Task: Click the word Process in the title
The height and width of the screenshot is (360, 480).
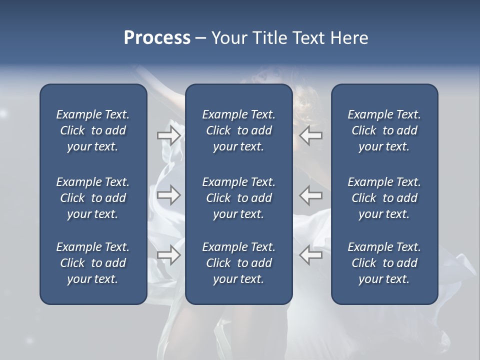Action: (x=157, y=38)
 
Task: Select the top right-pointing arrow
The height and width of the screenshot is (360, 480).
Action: (x=168, y=135)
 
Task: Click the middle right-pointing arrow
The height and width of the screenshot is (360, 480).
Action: (x=168, y=195)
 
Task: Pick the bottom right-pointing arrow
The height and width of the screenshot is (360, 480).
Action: (x=168, y=255)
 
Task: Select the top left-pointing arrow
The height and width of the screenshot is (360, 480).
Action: (x=311, y=135)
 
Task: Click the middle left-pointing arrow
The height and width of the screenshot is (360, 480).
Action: (x=311, y=195)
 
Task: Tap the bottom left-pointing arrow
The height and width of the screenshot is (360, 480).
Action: (x=311, y=255)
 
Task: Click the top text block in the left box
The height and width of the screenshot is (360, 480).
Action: (x=93, y=130)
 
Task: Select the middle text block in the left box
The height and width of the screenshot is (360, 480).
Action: (x=93, y=198)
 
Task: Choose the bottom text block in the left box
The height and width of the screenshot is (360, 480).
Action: (x=93, y=263)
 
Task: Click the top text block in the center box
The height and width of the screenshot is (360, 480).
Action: (x=238, y=130)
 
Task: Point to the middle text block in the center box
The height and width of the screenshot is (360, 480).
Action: (x=238, y=198)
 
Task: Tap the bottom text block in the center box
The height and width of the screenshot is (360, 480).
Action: (x=238, y=263)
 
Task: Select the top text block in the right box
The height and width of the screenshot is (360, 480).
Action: (x=384, y=130)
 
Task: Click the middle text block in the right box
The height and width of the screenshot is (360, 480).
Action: (x=384, y=198)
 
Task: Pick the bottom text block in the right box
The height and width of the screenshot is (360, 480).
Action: (x=384, y=263)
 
